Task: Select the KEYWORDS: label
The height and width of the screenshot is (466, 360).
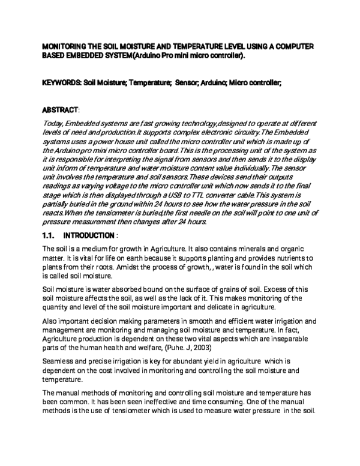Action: [61, 83]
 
